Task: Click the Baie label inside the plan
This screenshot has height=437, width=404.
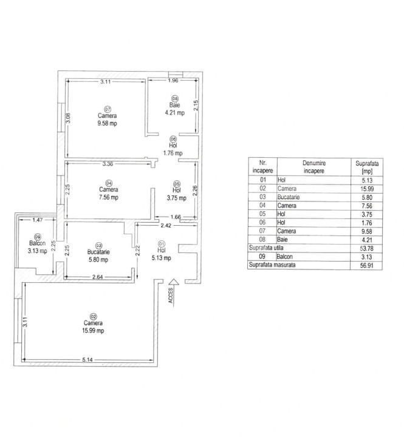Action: point(175,105)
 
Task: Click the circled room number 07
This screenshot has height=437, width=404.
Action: point(108,109)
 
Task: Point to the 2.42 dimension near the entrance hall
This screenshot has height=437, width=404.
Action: point(166,226)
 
